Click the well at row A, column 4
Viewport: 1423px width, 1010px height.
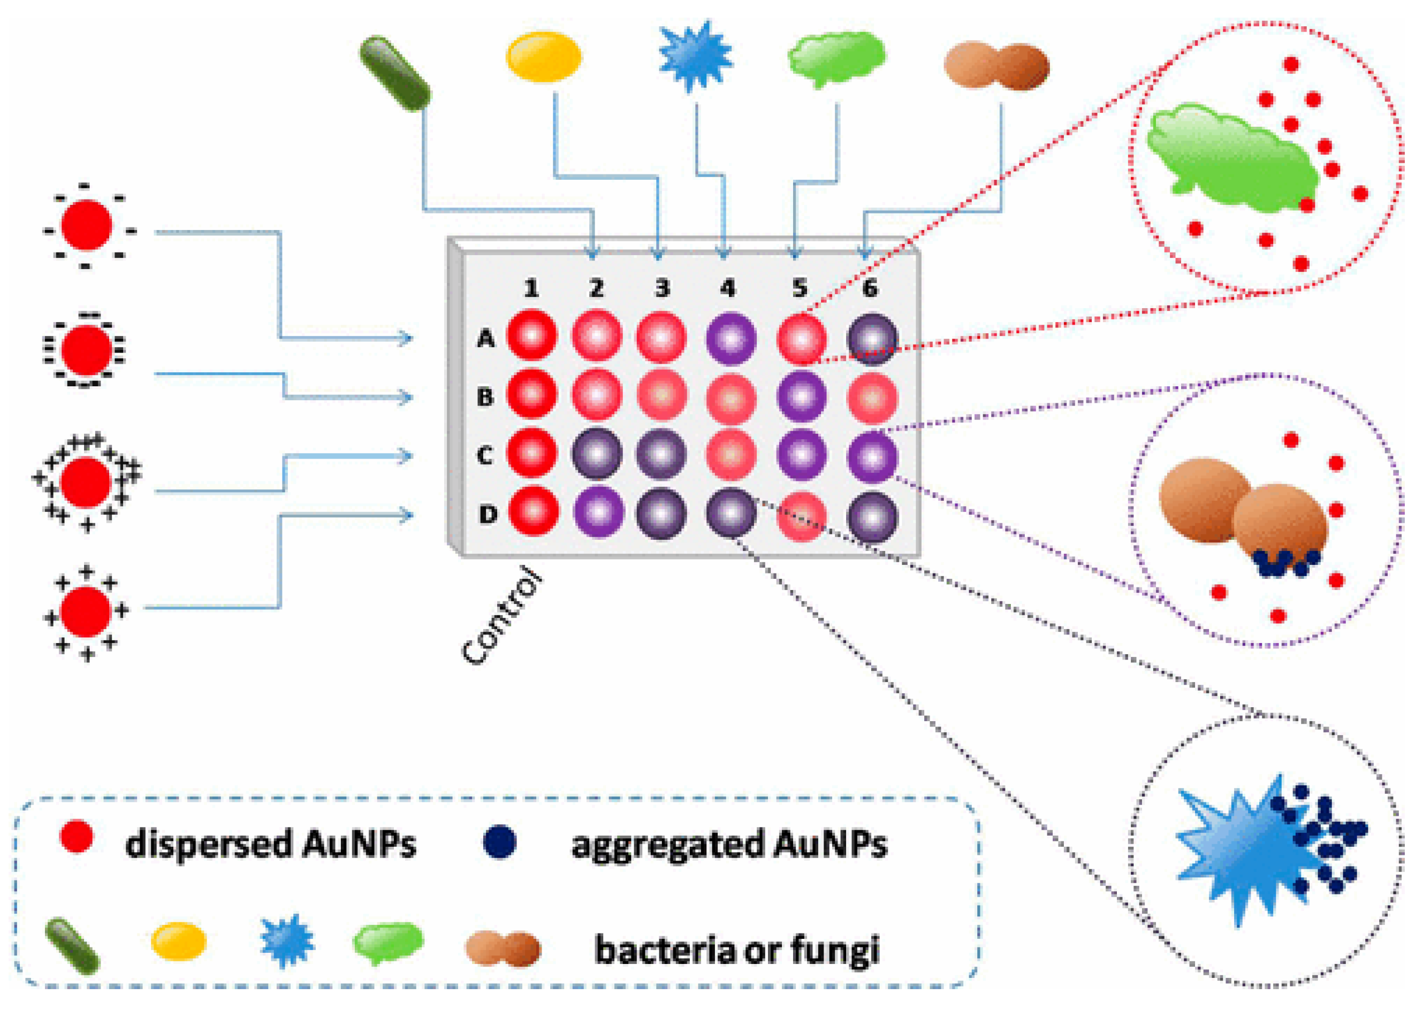tap(730, 338)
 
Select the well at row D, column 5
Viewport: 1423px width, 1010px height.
tap(802, 516)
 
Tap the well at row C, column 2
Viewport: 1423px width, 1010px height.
tap(597, 455)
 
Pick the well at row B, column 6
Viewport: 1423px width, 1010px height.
tap(872, 397)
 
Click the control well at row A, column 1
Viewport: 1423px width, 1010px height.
tap(531, 335)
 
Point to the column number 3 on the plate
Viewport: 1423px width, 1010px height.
tap(662, 287)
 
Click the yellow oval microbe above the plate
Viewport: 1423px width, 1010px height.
tap(543, 57)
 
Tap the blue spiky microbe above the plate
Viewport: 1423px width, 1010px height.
tap(695, 56)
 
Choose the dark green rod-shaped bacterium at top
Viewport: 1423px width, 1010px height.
tap(395, 74)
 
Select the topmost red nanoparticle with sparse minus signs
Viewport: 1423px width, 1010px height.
tap(87, 225)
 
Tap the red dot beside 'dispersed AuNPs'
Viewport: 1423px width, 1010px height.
tap(77, 837)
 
